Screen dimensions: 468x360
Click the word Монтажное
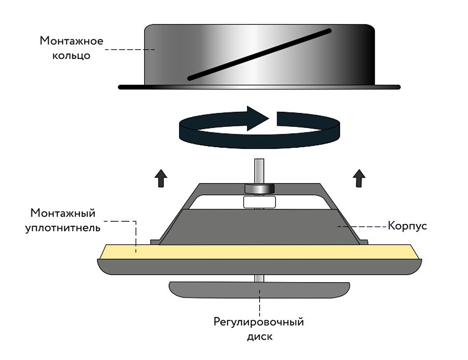tap(72, 41)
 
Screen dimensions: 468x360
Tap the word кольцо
tap(72, 56)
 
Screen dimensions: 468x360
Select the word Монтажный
tap(63, 213)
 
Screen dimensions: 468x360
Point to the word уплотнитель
tap(63, 228)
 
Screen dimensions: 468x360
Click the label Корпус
tap(407, 226)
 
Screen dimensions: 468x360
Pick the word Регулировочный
tap(258, 322)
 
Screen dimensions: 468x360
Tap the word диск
tap(260, 337)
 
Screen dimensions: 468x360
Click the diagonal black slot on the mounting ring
tap(259, 55)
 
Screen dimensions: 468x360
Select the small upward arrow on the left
tap(161, 178)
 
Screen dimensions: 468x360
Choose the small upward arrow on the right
tap(359, 178)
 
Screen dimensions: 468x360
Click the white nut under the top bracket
tap(260, 202)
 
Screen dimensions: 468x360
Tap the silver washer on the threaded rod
tap(260, 188)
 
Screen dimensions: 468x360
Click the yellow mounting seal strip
tap(259, 252)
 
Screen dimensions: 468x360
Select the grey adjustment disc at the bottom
tap(259, 290)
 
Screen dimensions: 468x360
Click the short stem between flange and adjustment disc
tap(259, 278)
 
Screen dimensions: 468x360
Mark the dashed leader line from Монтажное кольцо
tap(130, 50)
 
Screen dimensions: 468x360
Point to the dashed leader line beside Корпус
tap(363, 226)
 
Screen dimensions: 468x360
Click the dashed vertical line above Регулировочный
tap(260, 303)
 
